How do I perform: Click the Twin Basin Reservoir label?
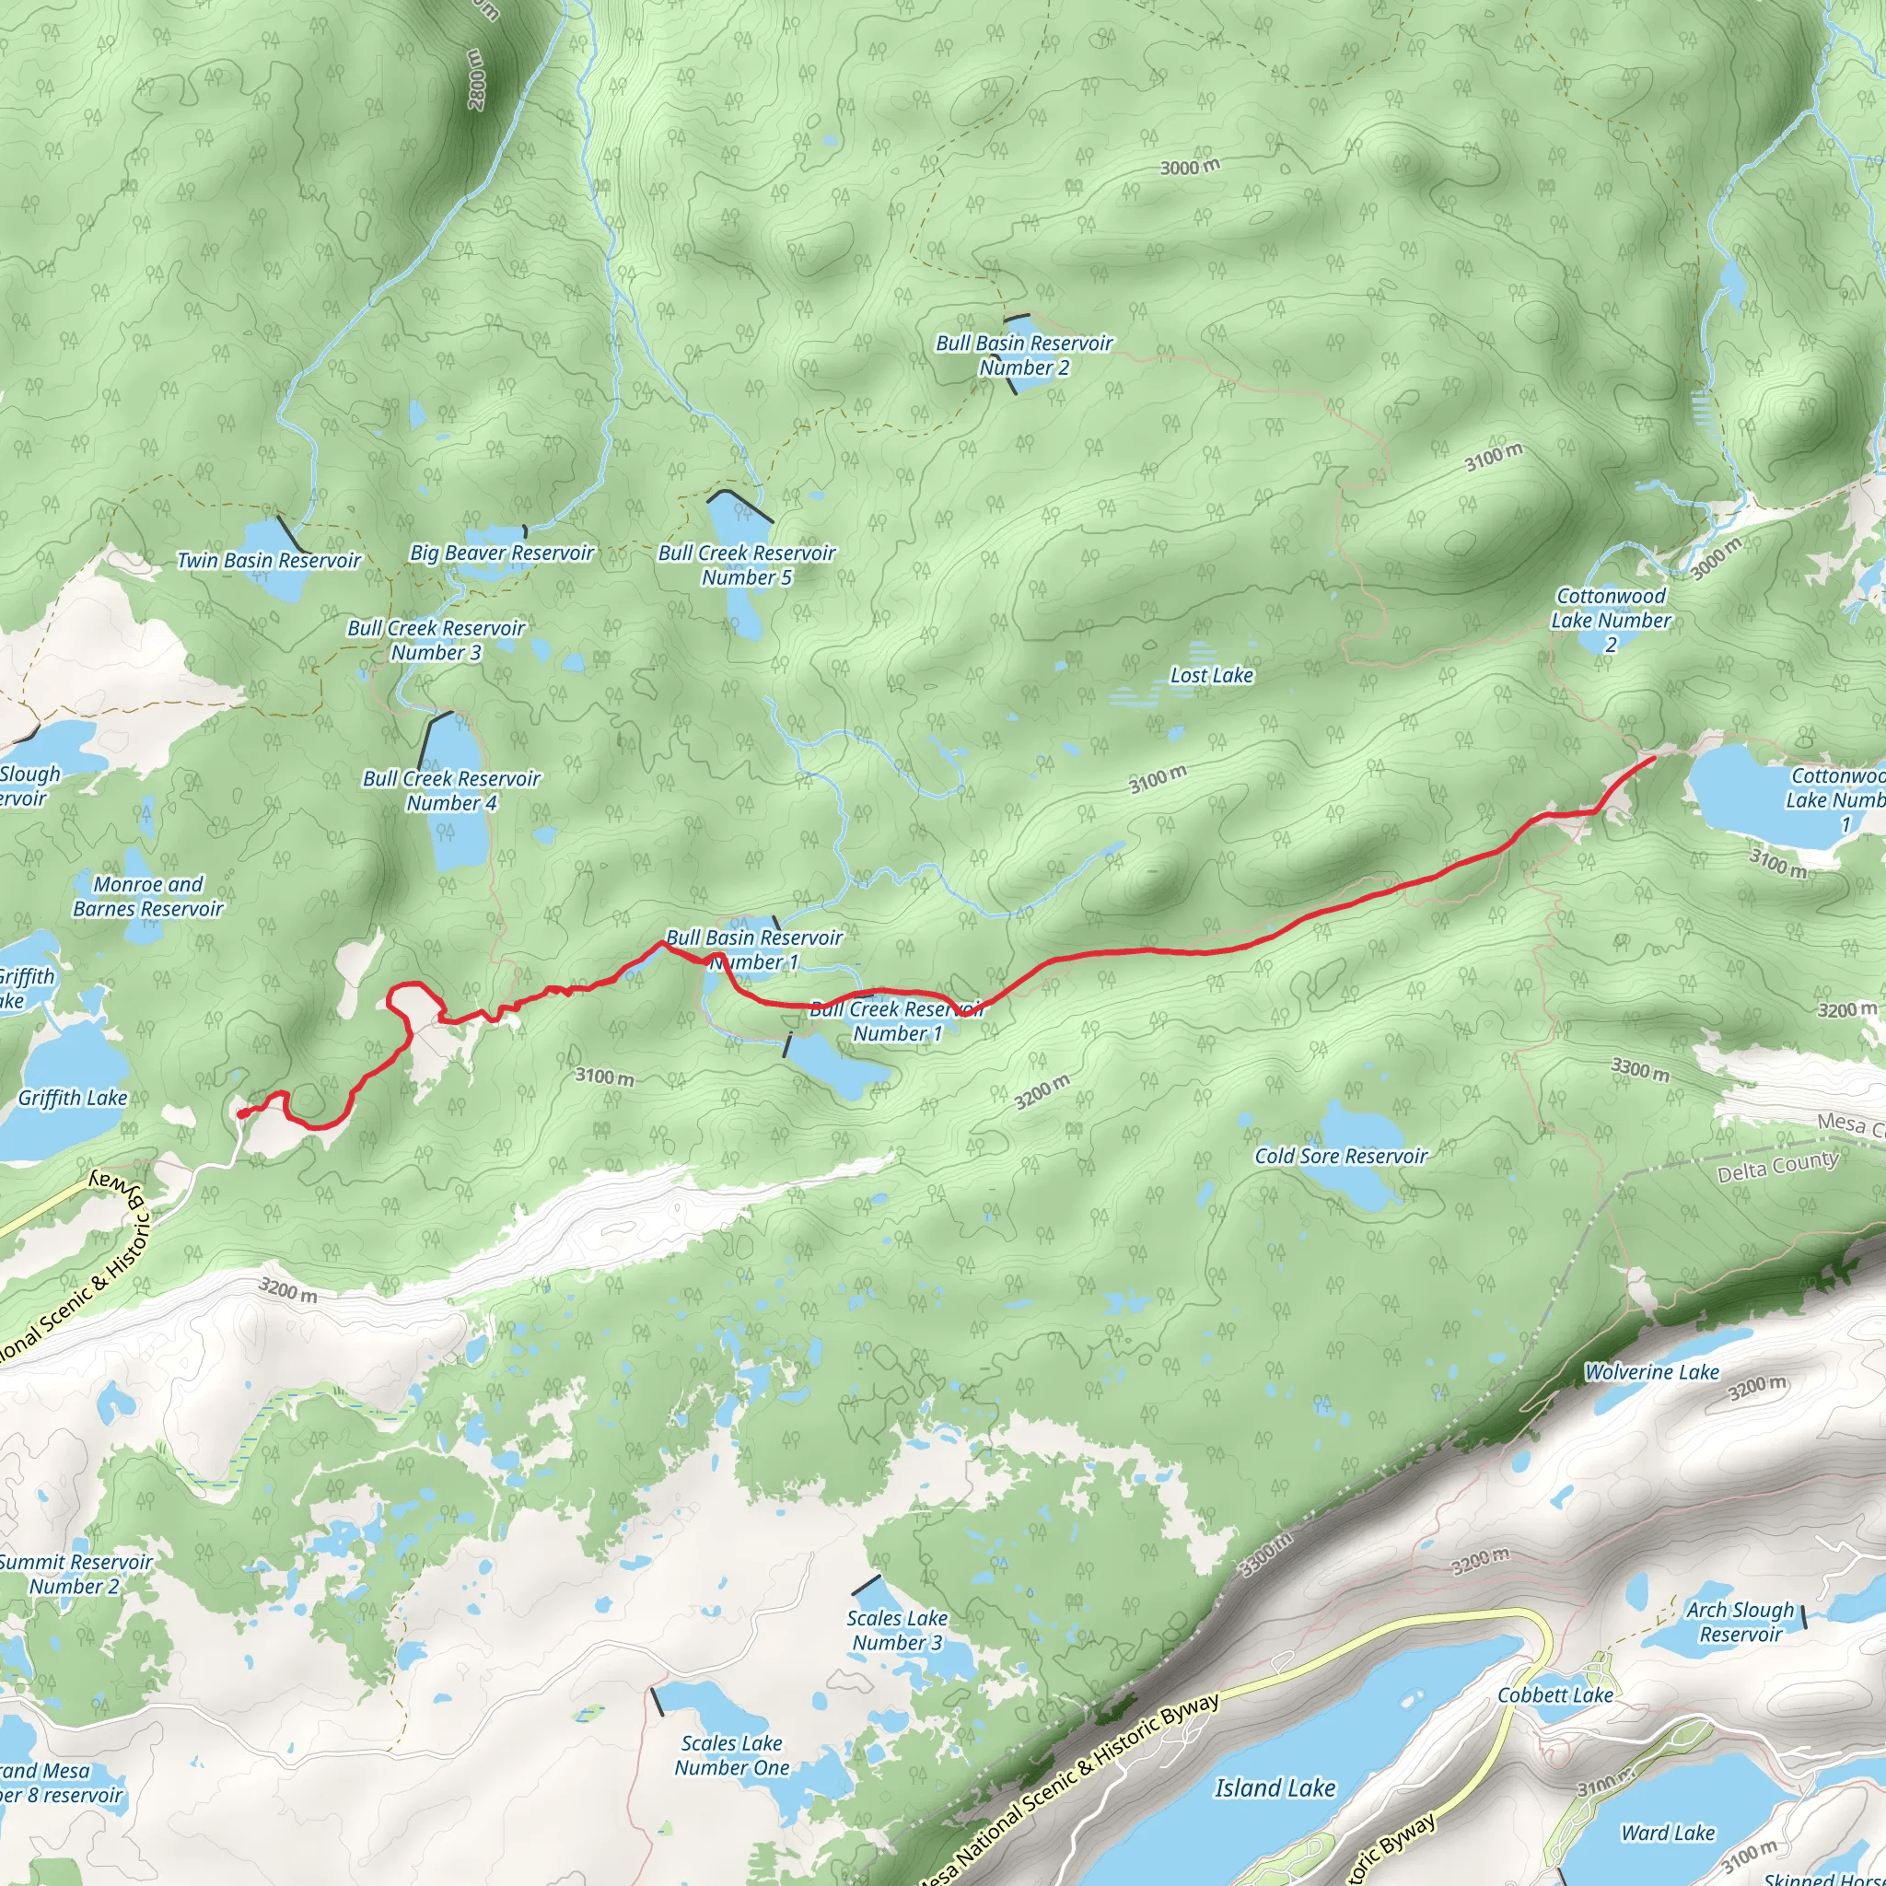coord(269,560)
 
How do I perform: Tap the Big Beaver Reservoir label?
coord(502,553)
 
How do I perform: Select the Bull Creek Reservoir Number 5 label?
coord(747,565)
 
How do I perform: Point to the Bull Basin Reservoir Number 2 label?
coord(1024,355)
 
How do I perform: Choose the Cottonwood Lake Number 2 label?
coord(1611,620)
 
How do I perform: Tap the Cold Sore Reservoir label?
coord(1340,1156)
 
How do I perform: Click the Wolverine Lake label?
coord(1652,1371)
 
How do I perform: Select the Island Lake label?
coord(1275,1787)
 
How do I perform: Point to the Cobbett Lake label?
coord(1555,1694)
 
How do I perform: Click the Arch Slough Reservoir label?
coord(1740,1622)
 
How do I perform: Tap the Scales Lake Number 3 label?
coord(897,1630)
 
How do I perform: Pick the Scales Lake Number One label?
coord(732,1755)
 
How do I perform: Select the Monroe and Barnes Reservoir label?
coord(148,896)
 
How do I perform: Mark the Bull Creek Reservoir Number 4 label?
coord(451,791)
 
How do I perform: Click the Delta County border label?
coord(1777,1167)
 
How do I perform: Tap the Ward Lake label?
coord(1669,1834)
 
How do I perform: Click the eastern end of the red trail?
coord(1653,758)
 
